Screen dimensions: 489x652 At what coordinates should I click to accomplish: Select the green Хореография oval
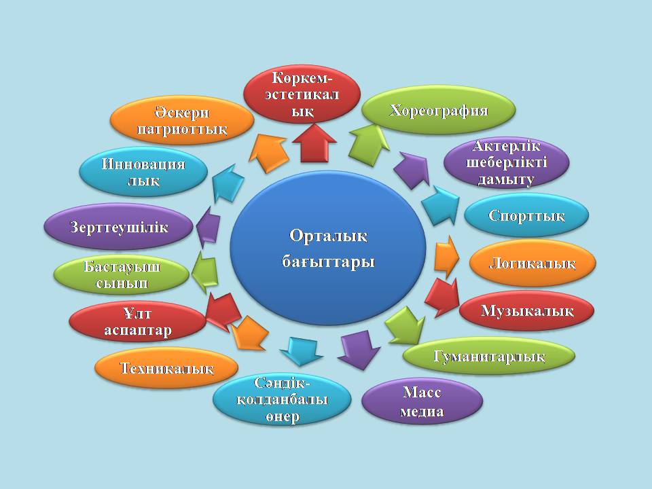pos(438,109)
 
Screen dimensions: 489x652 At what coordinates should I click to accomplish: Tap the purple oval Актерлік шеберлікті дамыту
pos(506,163)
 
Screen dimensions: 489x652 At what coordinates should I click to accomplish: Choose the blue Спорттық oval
pos(526,215)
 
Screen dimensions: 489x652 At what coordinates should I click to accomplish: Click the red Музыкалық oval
pos(527,311)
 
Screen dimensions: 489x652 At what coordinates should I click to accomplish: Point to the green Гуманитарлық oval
pos(489,356)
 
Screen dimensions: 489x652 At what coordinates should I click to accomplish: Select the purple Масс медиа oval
pos(422,401)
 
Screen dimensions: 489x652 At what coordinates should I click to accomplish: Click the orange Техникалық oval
pos(166,369)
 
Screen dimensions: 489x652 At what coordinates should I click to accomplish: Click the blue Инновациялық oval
pos(143,173)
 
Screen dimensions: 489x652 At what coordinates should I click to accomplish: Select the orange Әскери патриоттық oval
pos(181,120)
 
